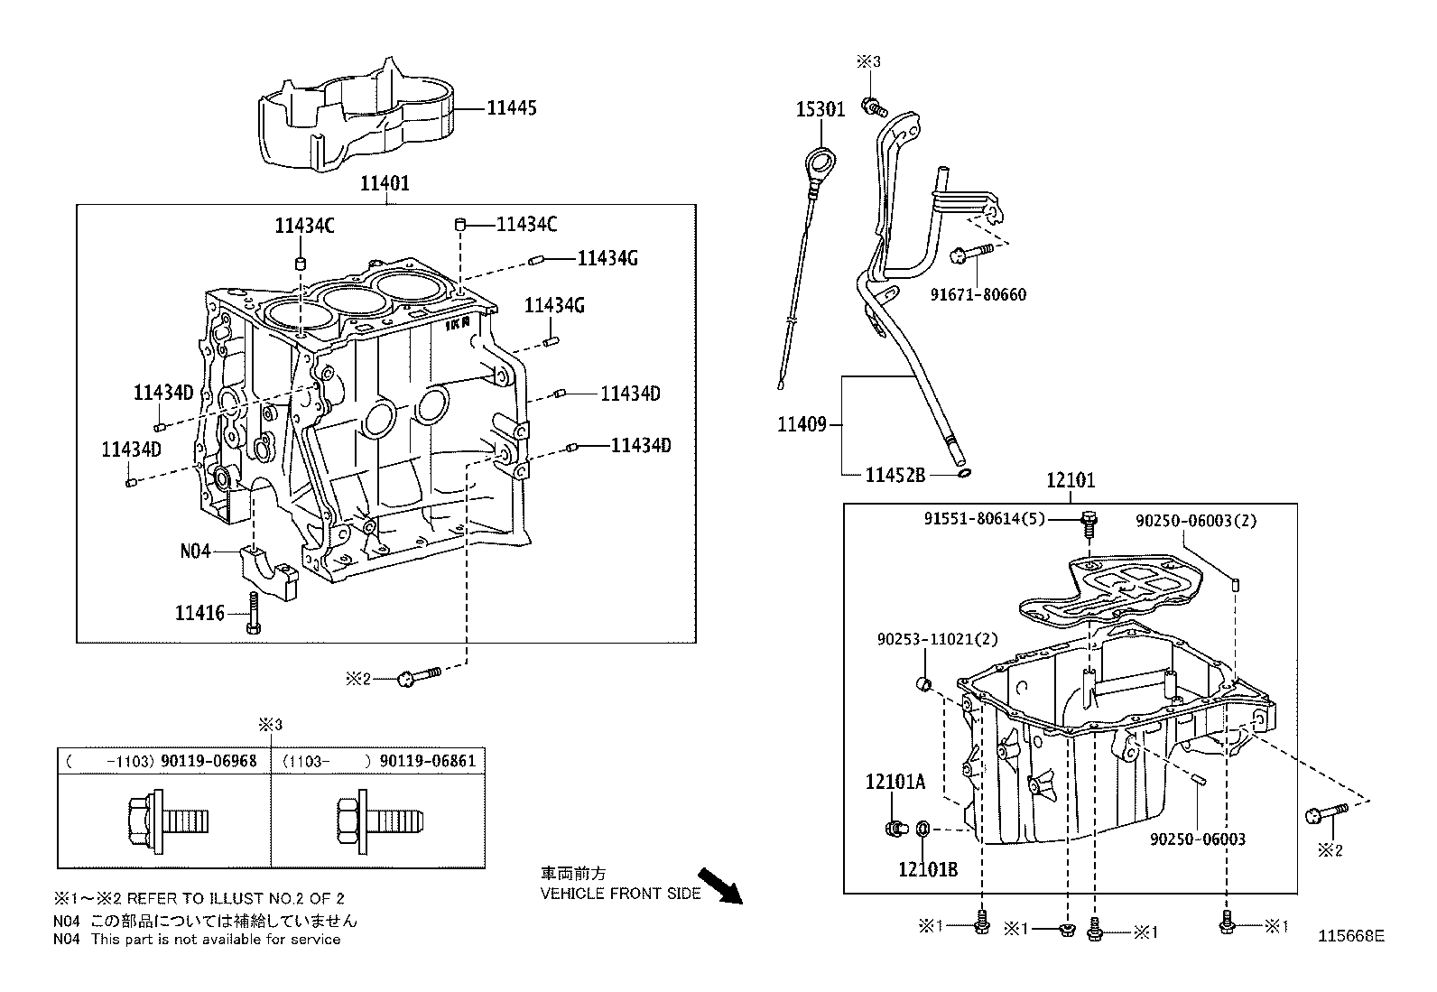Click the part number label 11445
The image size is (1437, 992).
click(x=511, y=108)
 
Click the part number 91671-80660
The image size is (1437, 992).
click(x=978, y=294)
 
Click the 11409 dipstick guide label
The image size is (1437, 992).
click(x=802, y=423)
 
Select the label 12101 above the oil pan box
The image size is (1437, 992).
click(x=1071, y=480)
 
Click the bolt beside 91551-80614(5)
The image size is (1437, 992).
click(x=1089, y=521)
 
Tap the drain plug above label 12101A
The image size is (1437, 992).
click(x=895, y=827)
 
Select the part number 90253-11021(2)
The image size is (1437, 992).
click(x=937, y=638)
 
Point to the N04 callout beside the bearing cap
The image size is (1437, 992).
click(x=195, y=550)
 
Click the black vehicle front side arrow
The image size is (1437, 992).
click(x=720, y=885)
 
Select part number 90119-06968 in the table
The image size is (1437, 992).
click(x=209, y=761)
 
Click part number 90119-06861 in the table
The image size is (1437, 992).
click(x=427, y=761)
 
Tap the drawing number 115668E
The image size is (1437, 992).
click(x=1350, y=936)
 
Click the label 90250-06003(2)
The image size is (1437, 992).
click(x=1196, y=521)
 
